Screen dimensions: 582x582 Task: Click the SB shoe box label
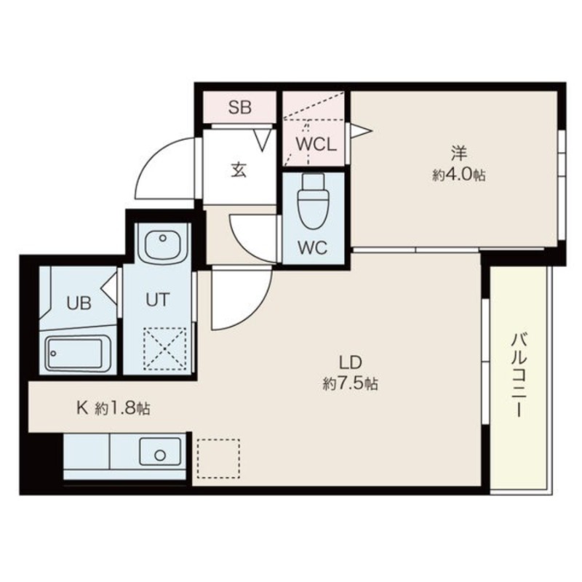240,107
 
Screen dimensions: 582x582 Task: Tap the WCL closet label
316,145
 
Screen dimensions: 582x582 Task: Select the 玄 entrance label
239,170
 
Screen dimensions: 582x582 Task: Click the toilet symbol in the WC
313,201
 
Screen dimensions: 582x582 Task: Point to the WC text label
313,247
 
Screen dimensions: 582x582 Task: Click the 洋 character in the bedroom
459,154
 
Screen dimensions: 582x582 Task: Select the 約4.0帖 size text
459,175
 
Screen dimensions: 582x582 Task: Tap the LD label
351,361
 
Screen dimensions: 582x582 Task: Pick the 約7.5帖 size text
351,383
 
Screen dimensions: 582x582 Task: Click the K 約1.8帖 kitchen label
113,409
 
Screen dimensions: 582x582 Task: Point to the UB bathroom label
79,303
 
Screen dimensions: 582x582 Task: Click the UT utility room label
158,300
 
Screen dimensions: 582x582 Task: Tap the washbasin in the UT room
162,242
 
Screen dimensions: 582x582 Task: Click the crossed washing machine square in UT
165,348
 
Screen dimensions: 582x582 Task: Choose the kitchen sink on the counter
160,451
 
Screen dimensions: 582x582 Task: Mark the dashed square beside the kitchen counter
218,458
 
